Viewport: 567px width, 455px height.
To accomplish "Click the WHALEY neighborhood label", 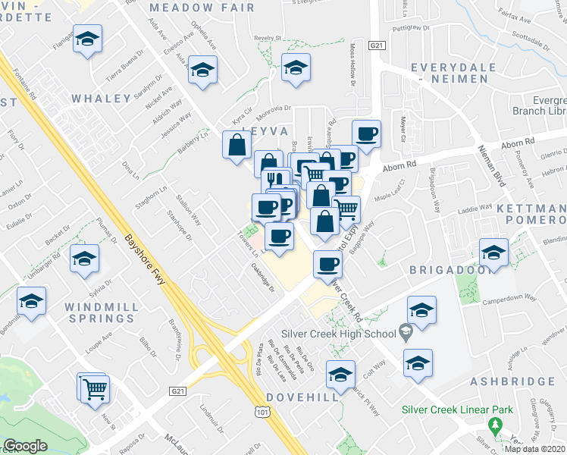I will coord(102,99).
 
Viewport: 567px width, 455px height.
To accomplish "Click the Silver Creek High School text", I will coord(337,334).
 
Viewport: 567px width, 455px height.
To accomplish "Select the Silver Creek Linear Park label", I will coord(457,410).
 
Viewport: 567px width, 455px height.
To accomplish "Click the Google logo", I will coord(26,446).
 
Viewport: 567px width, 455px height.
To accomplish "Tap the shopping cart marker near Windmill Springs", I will coord(95,388).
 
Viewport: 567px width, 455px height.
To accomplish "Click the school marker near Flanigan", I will coord(88,39).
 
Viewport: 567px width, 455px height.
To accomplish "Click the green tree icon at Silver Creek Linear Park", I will coord(497,425).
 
